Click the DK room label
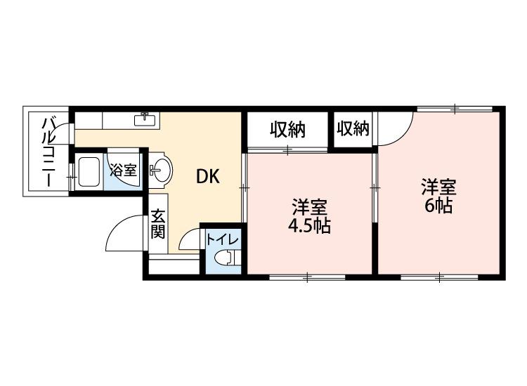point(207,178)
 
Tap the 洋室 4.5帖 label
point(310,216)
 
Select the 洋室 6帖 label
point(438,196)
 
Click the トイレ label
point(223,240)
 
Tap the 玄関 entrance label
point(157,225)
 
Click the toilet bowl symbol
point(226,258)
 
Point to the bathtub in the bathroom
point(89,172)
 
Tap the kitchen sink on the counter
point(146,119)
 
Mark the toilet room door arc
point(190,240)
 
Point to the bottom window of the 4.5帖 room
point(307,278)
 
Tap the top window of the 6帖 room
point(453,109)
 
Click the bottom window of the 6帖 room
point(438,278)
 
